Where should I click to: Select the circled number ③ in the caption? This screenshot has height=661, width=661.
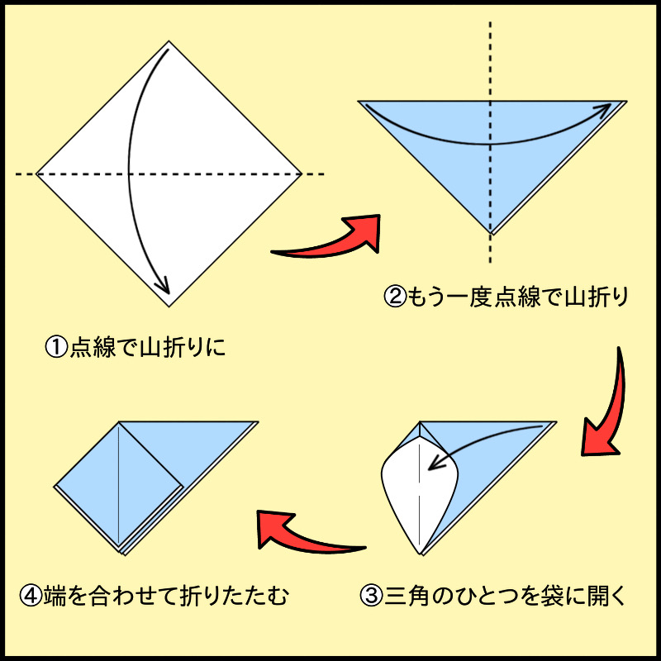click(x=373, y=595)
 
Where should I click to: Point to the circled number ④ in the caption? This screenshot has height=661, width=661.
click(x=31, y=595)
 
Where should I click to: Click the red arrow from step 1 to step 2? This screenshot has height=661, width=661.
click(x=330, y=240)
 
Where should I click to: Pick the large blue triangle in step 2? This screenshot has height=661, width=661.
click(x=463, y=157)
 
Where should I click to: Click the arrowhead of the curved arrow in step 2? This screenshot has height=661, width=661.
click(x=616, y=107)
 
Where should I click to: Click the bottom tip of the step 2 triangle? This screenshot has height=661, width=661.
click(x=491, y=232)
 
